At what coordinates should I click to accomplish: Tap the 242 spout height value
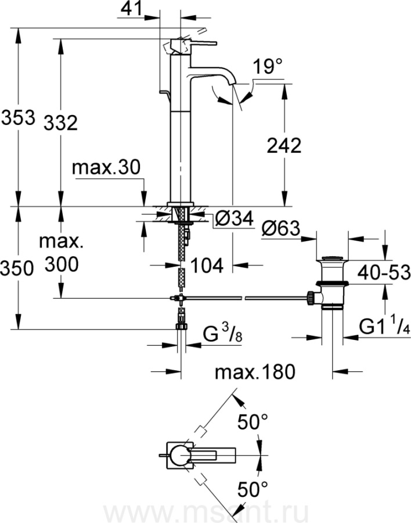pyautogui.click(x=284, y=145)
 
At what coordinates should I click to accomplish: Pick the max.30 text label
pyautogui.click(x=107, y=168)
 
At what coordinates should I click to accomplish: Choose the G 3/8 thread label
pyautogui.click(x=221, y=335)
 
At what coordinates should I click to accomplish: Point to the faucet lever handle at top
pyautogui.click(x=194, y=44)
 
